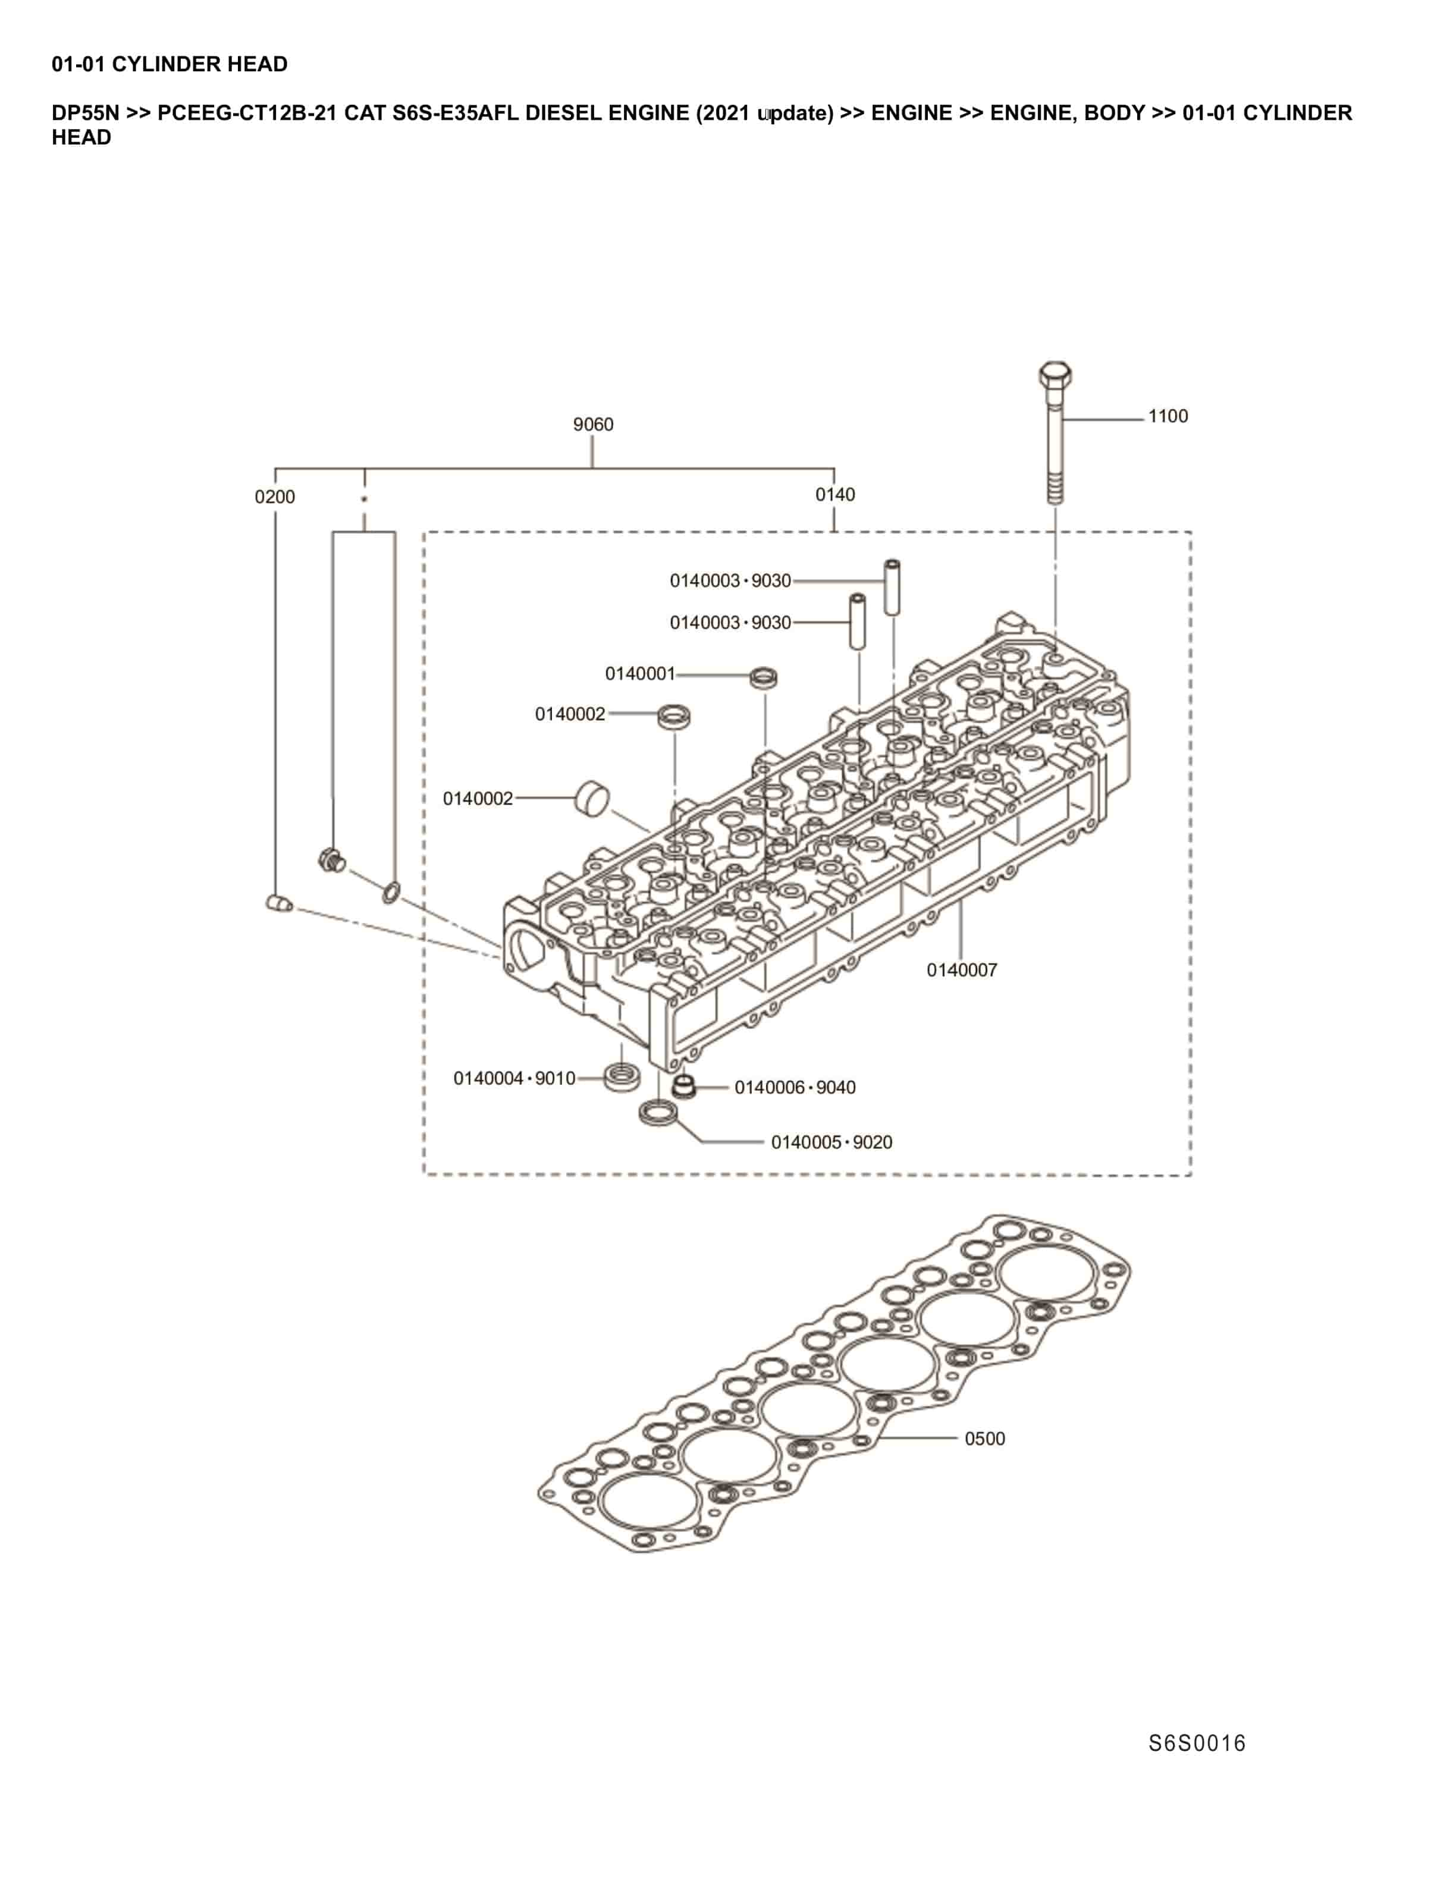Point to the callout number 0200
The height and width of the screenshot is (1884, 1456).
pos(274,497)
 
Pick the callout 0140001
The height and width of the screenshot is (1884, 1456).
pos(639,674)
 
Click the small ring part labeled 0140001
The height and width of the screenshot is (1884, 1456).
pos(763,677)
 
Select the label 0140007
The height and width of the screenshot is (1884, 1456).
pos(961,971)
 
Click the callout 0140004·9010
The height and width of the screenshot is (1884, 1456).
pos(514,1078)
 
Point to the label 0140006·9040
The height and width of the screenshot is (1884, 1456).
pos(795,1088)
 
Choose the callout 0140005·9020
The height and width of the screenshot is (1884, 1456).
pos(831,1142)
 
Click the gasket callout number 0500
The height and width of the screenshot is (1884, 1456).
pos(984,1439)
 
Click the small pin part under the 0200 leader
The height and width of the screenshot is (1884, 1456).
pos(278,903)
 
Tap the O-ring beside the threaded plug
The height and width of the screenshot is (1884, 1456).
pos(390,893)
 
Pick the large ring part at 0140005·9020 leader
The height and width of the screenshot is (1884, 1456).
pos(658,1112)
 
